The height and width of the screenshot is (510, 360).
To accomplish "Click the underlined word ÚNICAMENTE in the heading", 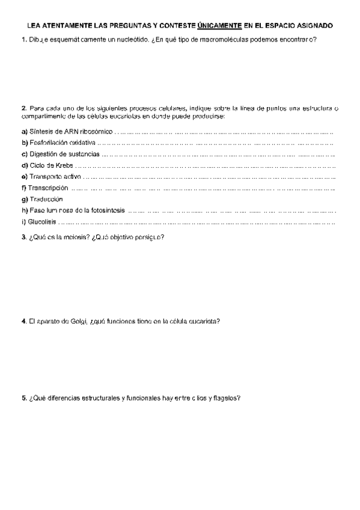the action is [219, 26].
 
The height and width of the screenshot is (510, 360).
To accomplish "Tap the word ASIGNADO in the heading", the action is [314, 26].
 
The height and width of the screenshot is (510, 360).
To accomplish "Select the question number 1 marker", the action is [23, 40].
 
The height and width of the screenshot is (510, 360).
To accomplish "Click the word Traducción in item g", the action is [46, 199].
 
